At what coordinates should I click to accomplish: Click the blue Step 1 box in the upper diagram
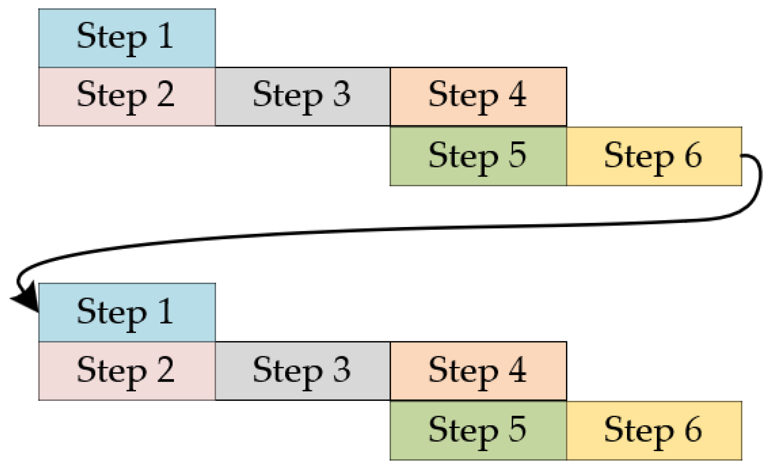click(x=127, y=38)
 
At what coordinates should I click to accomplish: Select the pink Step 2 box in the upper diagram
click(x=127, y=97)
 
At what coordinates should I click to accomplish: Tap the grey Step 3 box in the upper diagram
click(x=302, y=97)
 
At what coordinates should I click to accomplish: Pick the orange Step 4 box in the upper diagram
click(x=478, y=97)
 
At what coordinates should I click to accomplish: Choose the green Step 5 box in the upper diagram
click(x=478, y=156)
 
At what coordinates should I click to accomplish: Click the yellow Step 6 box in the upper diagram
click(x=654, y=156)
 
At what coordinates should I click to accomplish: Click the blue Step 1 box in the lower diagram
click(x=127, y=313)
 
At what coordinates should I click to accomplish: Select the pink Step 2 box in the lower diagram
click(x=127, y=371)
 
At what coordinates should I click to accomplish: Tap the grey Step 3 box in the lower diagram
click(x=302, y=371)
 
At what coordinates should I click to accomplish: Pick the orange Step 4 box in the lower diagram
click(x=478, y=371)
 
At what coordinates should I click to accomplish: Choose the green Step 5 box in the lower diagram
click(x=478, y=431)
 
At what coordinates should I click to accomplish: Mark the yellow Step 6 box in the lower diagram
click(x=654, y=431)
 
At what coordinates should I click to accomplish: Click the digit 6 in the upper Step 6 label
click(x=693, y=155)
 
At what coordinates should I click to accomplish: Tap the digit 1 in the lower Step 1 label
click(x=166, y=311)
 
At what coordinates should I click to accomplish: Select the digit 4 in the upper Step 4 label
click(x=517, y=94)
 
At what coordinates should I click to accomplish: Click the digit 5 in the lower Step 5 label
click(x=517, y=429)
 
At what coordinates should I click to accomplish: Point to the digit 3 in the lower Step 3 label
click(x=341, y=369)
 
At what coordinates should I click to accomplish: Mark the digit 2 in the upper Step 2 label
click(x=166, y=94)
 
